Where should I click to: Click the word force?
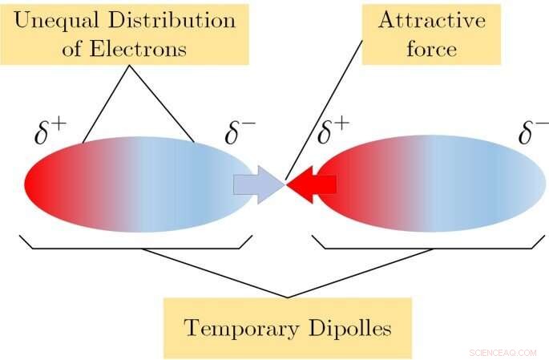coord(431,48)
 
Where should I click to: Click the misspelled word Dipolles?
coord(349,328)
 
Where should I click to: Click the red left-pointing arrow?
coord(313,185)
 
